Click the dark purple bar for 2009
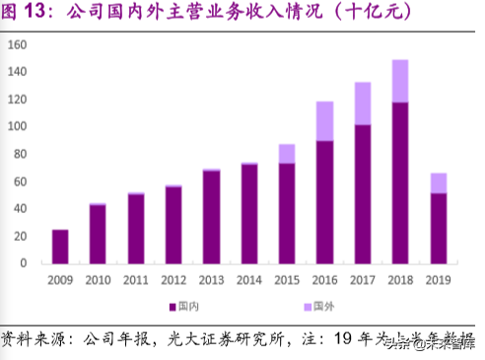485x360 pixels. click(60, 247)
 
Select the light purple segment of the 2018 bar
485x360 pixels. click(399, 81)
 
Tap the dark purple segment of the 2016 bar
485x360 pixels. click(323, 202)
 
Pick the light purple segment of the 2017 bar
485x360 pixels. click(362, 103)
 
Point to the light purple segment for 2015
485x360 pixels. click(286, 153)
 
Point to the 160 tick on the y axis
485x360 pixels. click(17, 45)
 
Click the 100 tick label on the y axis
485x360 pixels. click(17, 127)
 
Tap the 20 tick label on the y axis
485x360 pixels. click(20, 237)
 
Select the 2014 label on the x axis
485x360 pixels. click(248, 279)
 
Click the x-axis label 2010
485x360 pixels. click(98, 279)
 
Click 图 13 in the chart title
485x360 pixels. click(25, 13)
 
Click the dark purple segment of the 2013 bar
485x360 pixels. click(211, 217)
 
